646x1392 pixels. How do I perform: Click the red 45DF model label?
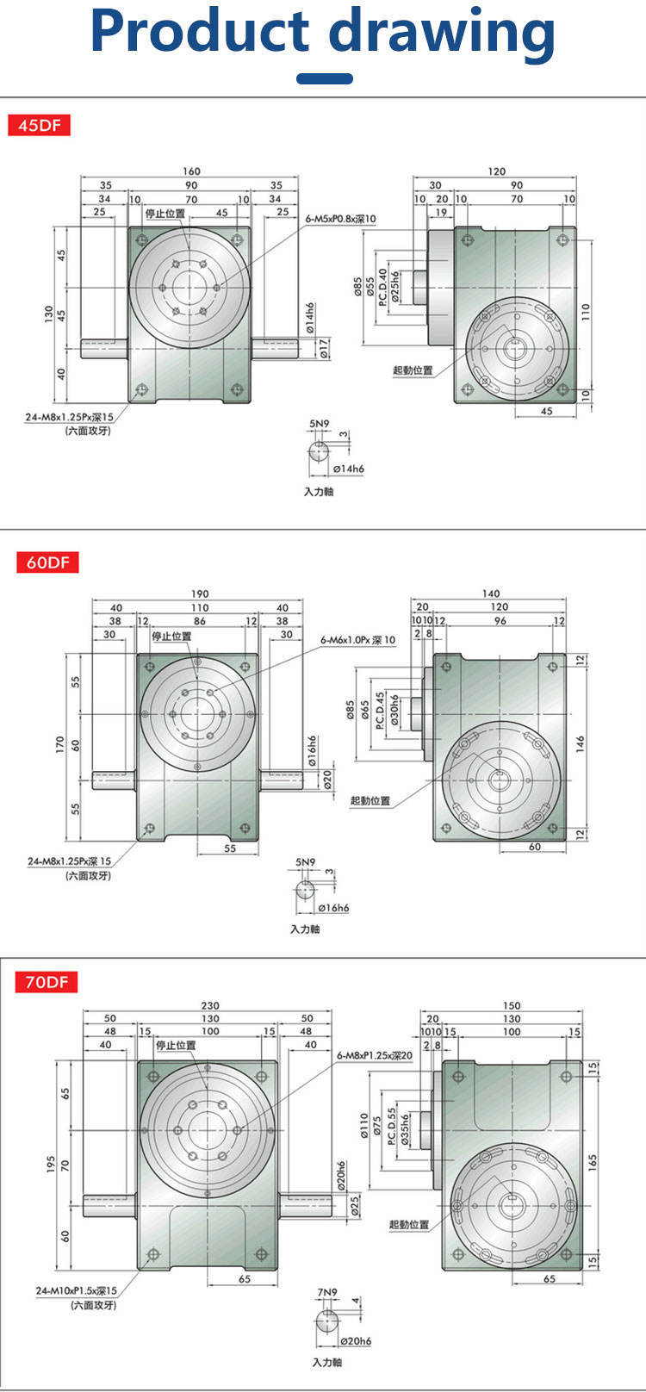coord(39,125)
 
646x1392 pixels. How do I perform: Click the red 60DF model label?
coord(47,562)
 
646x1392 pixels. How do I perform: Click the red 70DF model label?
coord(47,981)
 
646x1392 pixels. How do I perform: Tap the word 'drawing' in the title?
coord(443,33)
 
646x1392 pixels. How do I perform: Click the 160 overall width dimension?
coord(191,171)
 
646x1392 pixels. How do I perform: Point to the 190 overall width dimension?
coord(199,593)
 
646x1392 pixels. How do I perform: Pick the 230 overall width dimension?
coord(210,1005)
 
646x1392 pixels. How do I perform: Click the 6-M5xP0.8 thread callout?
coord(341,220)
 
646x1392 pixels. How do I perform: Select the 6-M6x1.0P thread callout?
coord(357,640)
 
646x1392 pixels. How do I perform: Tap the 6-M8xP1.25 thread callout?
coord(375,1054)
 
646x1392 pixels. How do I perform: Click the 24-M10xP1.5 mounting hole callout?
coord(76,1290)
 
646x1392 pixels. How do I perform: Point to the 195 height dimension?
coord(51,1165)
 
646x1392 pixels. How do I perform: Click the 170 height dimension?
coord(60,742)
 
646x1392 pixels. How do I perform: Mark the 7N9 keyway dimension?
coord(328,1292)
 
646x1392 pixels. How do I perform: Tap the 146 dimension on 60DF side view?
coord(580,742)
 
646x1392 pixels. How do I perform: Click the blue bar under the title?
coord(325,78)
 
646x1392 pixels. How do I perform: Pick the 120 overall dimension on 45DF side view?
coord(497,171)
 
